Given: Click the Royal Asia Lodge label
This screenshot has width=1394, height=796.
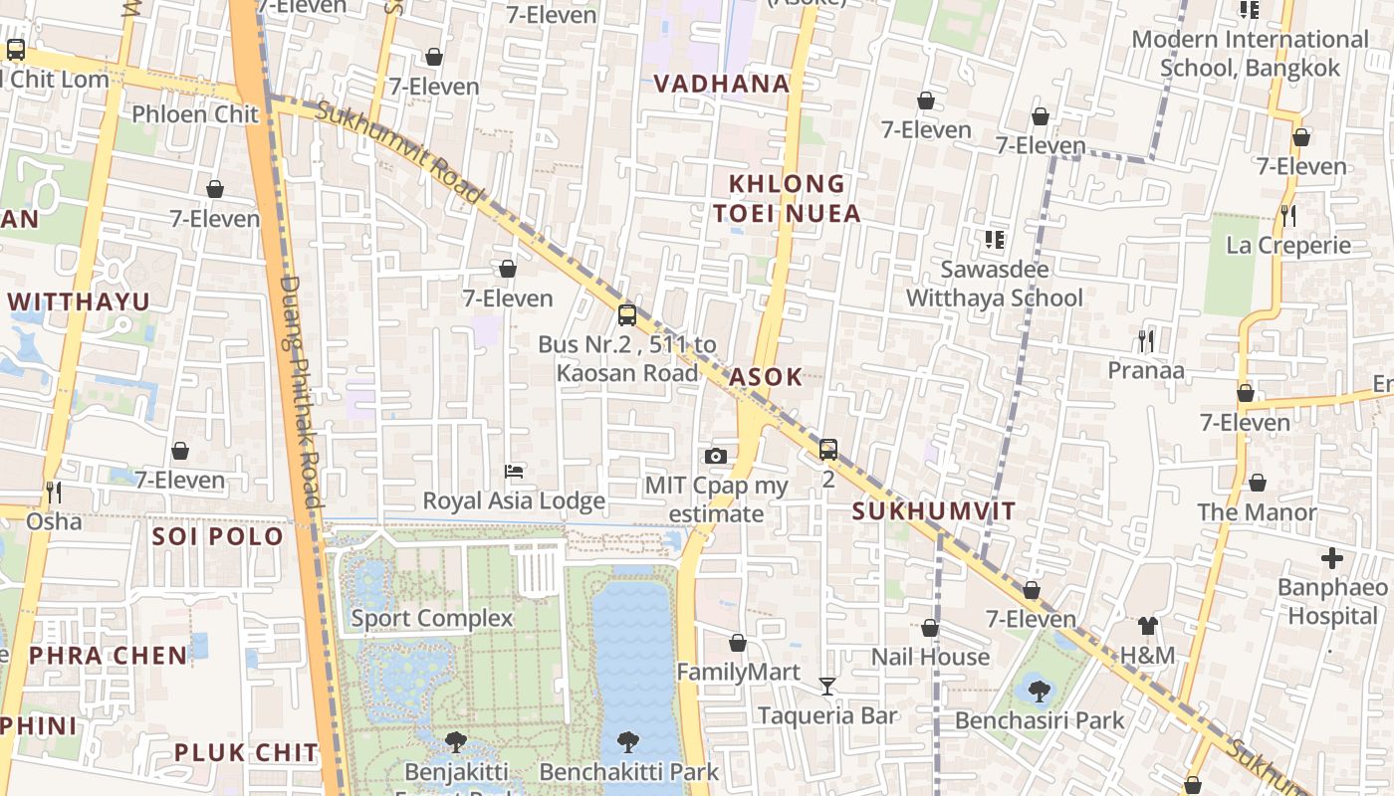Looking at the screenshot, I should point(514,500).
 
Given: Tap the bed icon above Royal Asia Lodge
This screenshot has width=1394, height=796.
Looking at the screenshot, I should point(514,471).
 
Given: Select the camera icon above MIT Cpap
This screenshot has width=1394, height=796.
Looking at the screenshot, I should point(715,457).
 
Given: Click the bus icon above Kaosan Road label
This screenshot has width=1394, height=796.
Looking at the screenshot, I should point(626,315).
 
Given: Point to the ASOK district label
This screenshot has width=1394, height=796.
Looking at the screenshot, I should point(766,377).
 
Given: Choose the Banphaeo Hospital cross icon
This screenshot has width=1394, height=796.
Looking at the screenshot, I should point(1332,558).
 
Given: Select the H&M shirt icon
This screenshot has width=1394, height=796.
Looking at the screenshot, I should point(1148,626).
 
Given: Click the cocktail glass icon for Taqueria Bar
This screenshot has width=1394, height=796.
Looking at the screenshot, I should point(827,686).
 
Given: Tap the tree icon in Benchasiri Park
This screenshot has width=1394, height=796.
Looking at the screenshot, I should point(1039,691).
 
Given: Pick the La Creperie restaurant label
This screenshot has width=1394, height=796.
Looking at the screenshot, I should point(1288,246).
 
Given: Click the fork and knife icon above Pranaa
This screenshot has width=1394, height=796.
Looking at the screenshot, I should point(1146,341).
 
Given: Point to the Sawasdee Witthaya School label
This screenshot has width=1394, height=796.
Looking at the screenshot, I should point(994,284).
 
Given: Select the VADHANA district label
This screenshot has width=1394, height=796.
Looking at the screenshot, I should point(722,84).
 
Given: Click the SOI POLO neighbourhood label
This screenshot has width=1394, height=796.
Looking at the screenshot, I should point(218,536).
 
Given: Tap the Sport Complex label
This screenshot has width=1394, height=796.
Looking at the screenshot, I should point(431,618).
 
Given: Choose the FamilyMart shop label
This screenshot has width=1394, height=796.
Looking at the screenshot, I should point(738,673).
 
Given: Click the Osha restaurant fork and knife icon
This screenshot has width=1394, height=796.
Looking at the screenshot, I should point(54,492).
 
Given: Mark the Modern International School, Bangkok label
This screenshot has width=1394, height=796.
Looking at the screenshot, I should point(1251,54).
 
